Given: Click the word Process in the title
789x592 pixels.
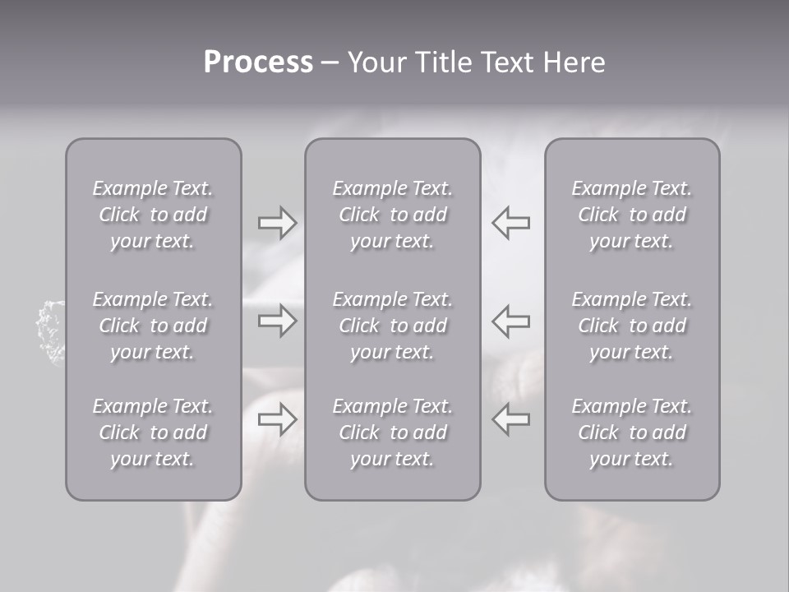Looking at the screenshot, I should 258,62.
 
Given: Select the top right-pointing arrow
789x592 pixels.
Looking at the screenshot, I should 277,223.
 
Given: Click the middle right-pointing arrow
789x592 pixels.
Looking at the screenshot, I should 277,321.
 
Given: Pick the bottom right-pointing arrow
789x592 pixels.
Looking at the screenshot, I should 277,419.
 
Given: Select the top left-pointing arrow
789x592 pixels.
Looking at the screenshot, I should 510,223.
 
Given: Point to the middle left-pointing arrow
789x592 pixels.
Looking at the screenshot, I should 510,321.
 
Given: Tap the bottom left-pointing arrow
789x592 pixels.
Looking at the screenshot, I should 510,419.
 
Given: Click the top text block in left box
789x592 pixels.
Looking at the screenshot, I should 153,215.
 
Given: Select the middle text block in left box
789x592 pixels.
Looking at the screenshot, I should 153,326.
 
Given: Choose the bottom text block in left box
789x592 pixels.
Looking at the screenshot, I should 153,432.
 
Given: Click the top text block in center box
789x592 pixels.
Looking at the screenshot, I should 393,215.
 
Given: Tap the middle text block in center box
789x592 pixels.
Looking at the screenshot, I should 393,326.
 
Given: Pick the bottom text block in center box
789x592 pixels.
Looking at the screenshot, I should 393,432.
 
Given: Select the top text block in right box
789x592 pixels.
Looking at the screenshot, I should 632,215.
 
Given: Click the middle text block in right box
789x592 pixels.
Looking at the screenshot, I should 632,326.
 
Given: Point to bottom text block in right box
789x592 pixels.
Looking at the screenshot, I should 632,432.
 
